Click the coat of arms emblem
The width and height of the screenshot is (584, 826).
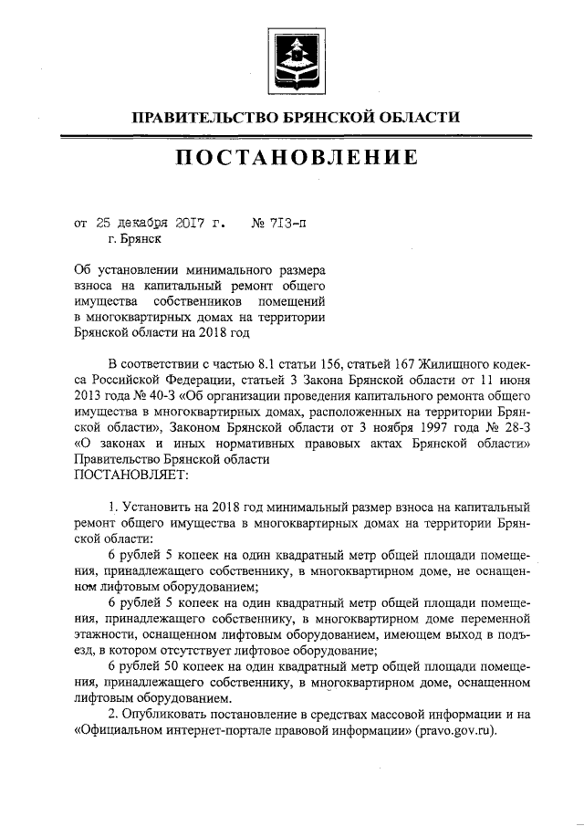[292, 59]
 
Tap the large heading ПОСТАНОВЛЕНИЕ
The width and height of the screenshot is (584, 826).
[292, 159]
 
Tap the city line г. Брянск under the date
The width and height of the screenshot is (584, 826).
[133, 240]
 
